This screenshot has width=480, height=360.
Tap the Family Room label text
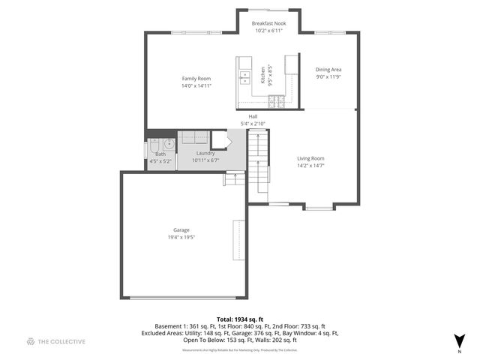coord(196,79)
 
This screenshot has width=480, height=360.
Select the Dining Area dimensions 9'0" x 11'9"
coord(328,76)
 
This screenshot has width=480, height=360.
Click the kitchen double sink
coord(245,76)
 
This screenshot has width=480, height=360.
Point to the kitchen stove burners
coord(276,100)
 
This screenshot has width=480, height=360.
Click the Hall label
coord(253,116)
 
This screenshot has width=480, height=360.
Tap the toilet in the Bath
coord(151,145)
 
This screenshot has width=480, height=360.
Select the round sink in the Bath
coord(169,143)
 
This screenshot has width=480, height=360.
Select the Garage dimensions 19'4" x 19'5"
coord(181,237)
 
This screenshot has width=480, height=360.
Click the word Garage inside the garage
coord(181,229)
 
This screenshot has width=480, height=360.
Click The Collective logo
coord(55,341)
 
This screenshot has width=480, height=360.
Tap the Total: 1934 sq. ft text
coord(240,319)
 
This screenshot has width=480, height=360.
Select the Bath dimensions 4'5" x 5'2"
coord(160,160)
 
